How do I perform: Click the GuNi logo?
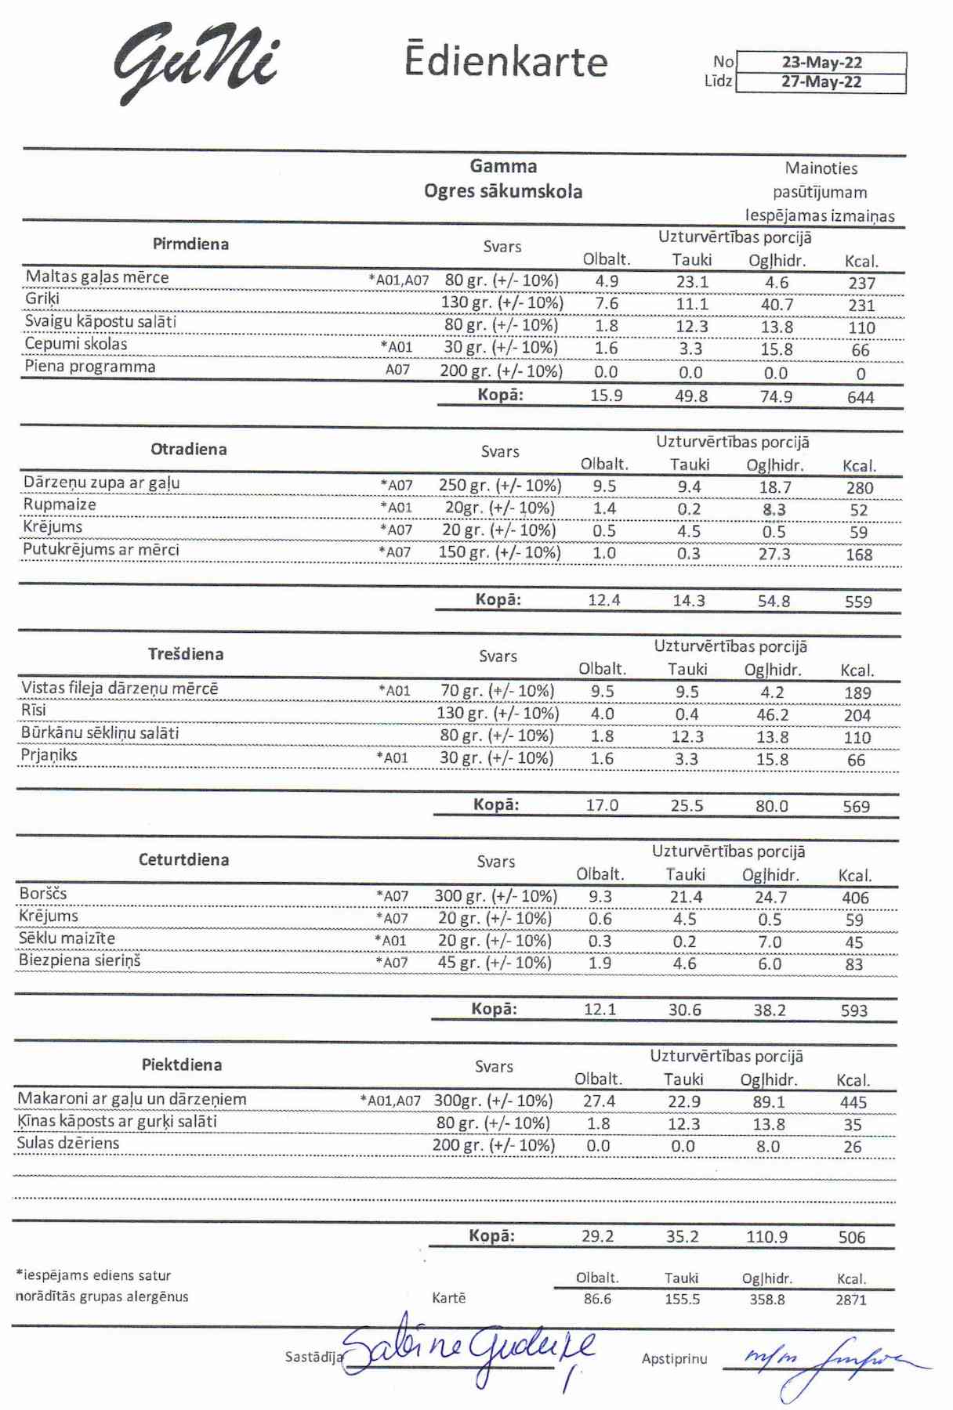(x=196, y=63)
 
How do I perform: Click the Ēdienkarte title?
(x=505, y=61)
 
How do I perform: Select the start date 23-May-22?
(x=821, y=63)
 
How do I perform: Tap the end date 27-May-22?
(x=821, y=82)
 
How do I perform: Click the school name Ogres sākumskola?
(x=503, y=192)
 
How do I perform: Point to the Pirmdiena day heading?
(x=190, y=244)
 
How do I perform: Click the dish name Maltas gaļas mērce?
(x=97, y=277)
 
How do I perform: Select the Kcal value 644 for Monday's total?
(x=861, y=397)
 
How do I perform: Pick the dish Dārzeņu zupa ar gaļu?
(x=102, y=483)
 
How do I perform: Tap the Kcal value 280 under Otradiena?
(x=859, y=487)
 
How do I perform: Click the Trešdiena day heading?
(x=186, y=654)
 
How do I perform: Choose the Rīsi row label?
(x=34, y=710)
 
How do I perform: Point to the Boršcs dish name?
(x=43, y=894)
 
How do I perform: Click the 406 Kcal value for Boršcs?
(x=855, y=898)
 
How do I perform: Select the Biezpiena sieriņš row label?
(x=80, y=960)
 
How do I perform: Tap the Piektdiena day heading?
(x=182, y=1065)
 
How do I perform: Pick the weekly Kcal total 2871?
(x=851, y=1300)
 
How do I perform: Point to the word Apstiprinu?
(x=674, y=1359)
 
